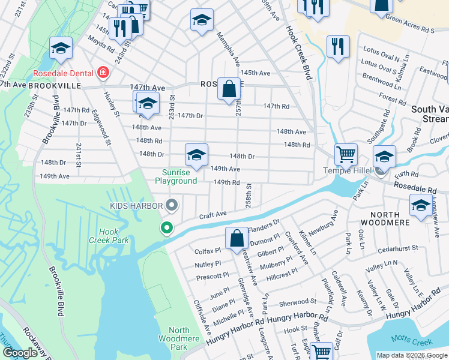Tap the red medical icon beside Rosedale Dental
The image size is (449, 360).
[x=103, y=73]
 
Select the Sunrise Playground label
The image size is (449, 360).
[x=176, y=176]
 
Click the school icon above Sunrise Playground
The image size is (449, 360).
[x=196, y=155]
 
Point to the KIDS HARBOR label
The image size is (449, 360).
[x=136, y=206]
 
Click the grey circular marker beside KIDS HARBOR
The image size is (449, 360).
[x=172, y=206]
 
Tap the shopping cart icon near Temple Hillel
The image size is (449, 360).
[x=346, y=155]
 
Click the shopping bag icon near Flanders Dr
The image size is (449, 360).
[x=237, y=237]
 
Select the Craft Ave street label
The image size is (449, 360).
[x=212, y=214]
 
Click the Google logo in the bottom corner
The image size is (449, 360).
[x=20, y=353]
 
